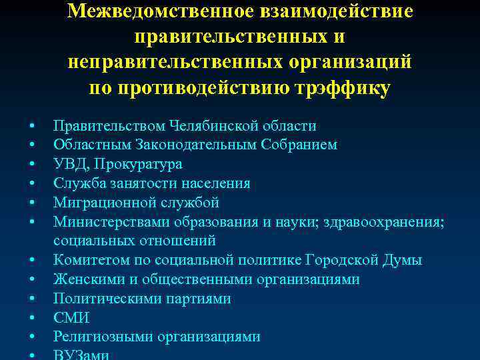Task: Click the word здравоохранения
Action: pos(384,221)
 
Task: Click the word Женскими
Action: pos(83,279)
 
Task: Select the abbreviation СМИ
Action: pos(71,318)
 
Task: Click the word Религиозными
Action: pos(103,337)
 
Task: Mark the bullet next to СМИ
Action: pos(31,319)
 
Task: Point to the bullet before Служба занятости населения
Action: pos(31,184)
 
